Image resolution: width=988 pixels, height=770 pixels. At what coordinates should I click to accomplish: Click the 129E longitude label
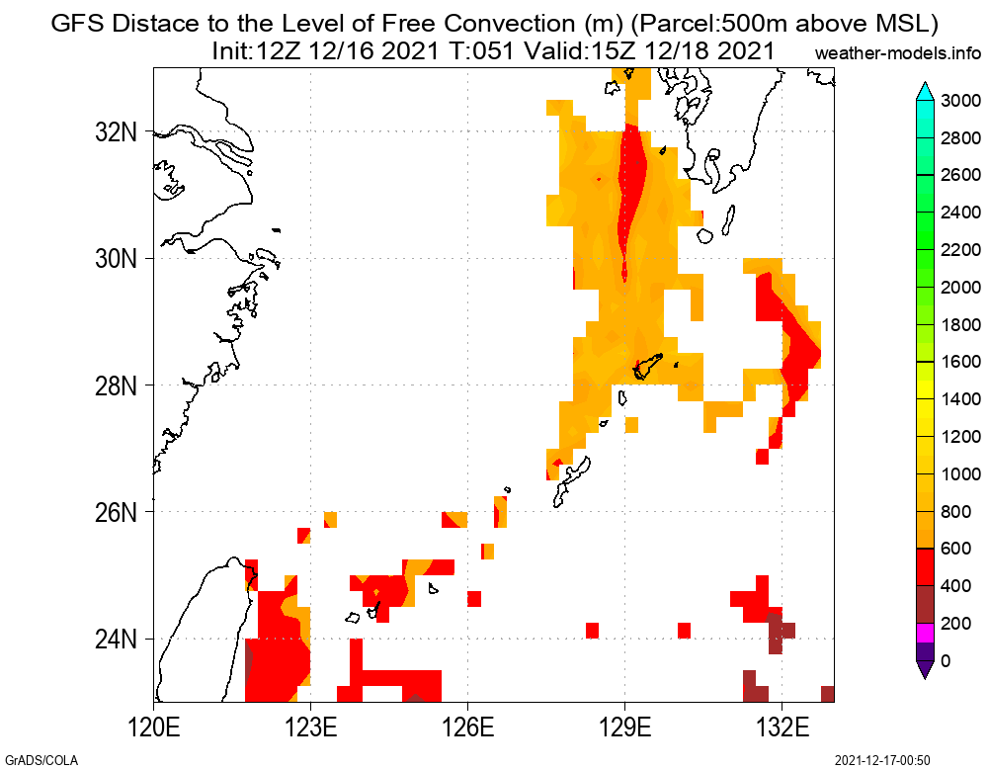coord(624,733)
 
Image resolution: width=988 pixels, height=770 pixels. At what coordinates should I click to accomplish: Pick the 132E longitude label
coord(782,733)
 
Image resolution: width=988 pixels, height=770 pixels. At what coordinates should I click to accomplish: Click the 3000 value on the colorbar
coord(960,100)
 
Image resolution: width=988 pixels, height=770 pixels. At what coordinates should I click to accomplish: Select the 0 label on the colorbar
coord(947,660)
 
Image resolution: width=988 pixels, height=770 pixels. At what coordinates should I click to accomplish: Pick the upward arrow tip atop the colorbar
coord(925,89)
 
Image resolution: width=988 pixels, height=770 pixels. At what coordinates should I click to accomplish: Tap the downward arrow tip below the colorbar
coord(925,671)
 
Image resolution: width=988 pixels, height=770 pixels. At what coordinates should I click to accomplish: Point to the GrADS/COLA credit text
coord(40,760)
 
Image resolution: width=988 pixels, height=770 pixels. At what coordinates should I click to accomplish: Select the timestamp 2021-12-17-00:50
coord(882,760)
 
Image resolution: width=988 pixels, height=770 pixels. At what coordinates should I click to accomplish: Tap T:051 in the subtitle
coord(477,51)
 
